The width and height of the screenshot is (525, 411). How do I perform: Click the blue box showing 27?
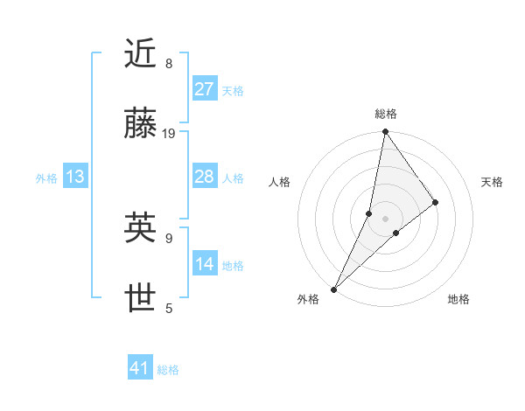(205, 89)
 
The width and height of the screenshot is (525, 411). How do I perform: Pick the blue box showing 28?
(205, 177)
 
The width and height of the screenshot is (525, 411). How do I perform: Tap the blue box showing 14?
(205, 264)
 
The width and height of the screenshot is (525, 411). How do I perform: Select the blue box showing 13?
(75, 177)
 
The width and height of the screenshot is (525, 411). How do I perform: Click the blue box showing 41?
(140, 368)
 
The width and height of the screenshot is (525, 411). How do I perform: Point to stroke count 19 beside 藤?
(169, 134)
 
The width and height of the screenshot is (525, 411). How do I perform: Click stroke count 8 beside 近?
(168, 64)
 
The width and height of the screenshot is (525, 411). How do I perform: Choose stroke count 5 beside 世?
(168, 308)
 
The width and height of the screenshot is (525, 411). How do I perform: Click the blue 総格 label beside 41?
(168, 370)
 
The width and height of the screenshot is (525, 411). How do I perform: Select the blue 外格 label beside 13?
(46, 178)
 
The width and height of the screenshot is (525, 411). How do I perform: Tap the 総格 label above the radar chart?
(385, 114)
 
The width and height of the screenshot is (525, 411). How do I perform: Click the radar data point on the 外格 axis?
(333, 289)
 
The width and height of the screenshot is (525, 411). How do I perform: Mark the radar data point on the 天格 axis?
(436, 202)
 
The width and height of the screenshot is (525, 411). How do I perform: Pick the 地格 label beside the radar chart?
(458, 299)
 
